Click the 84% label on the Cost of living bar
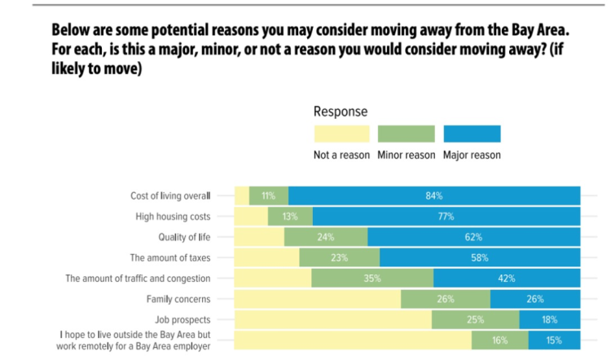tap(433, 195)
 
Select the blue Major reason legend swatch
tap(472, 134)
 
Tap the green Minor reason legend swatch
tap(407, 134)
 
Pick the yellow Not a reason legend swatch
tap(341, 134)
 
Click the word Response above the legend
tap(340, 111)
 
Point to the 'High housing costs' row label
tap(173, 217)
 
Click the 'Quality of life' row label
tap(184, 237)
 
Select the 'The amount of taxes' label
tap(170, 257)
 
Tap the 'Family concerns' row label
tap(178, 299)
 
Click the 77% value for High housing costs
tap(446, 217)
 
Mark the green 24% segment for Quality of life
tap(326, 237)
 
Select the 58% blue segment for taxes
tap(479, 257)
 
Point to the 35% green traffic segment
tap(372, 279)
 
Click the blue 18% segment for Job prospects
tap(549, 319)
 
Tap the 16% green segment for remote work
tap(499, 340)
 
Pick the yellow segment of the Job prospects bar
tap(332, 319)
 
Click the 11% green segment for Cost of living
tap(268, 195)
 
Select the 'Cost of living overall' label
tap(170, 195)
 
